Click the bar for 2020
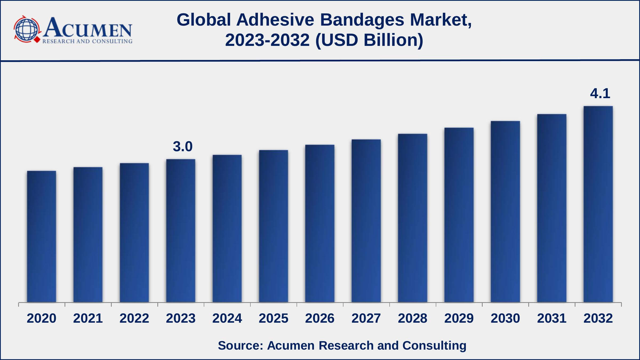point(42,237)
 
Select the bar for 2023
point(181,231)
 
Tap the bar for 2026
point(320,223)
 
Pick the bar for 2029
point(459,215)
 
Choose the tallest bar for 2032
point(598,204)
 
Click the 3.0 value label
point(183,146)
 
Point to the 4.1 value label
point(600,93)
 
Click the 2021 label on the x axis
point(88,318)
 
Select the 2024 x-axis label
point(227,318)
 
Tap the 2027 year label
point(366,318)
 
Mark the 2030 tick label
point(505,318)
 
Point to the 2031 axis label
point(552,318)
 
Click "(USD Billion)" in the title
point(369,40)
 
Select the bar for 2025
point(273,226)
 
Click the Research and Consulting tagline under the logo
point(87,41)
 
